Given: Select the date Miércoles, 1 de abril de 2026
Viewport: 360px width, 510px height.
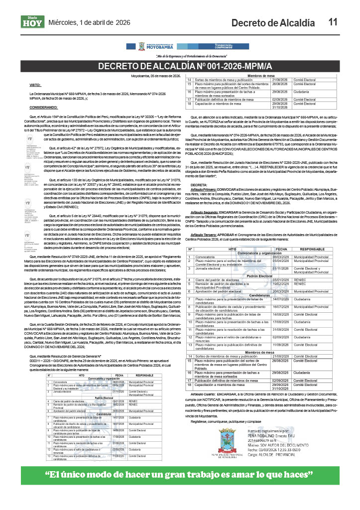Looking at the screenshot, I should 89,22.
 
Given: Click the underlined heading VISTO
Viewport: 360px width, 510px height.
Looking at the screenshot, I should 35,86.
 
